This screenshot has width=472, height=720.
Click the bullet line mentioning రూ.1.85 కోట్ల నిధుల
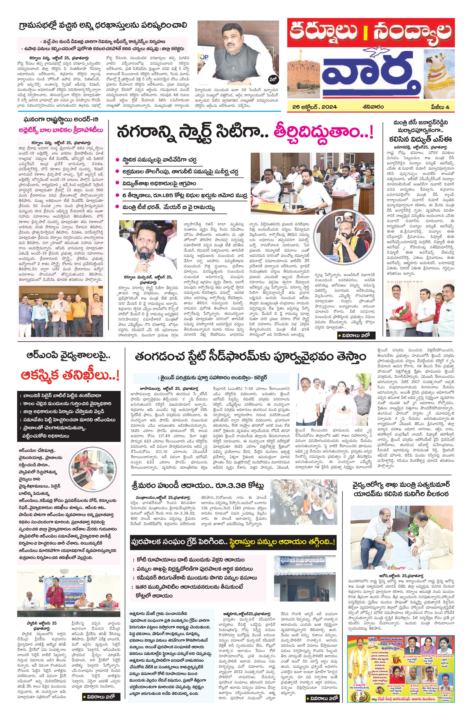click(181, 195)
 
